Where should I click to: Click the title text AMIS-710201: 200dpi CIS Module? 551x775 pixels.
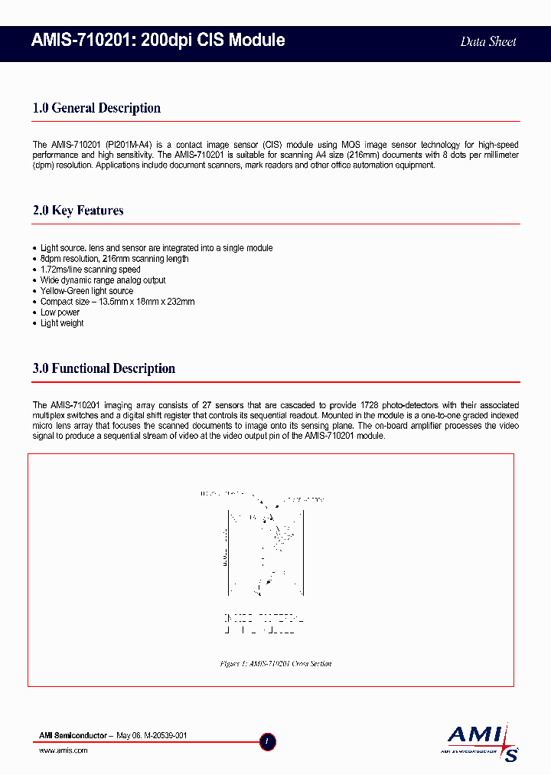pyautogui.click(x=158, y=41)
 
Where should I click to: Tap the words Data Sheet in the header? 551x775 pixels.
pyautogui.click(x=487, y=41)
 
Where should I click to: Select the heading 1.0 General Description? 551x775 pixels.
pyautogui.click(x=96, y=108)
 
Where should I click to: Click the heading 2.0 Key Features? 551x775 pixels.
pyautogui.click(x=78, y=211)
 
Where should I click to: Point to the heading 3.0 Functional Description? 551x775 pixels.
pyautogui.click(x=104, y=368)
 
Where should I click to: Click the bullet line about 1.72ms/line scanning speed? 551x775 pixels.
pyautogui.click(x=90, y=270)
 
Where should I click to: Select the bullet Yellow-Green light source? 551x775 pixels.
pyautogui.click(x=86, y=291)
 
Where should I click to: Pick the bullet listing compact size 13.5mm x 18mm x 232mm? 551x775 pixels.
pyautogui.click(x=117, y=302)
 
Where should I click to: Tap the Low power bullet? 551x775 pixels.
pyautogui.click(x=60, y=312)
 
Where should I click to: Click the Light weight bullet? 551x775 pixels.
pyautogui.click(x=62, y=323)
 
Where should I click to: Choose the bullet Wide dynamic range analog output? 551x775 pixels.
pyautogui.click(x=103, y=280)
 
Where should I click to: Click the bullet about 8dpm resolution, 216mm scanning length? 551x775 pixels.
pyautogui.click(x=114, y=259)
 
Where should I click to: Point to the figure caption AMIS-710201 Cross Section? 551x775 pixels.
pyautogui.click(x=275, y=664)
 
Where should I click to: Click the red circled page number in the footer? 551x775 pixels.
pyautogui.click(x=267, y=741)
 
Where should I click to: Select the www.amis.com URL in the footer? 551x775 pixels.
pyautogui.click(x=63, y=750)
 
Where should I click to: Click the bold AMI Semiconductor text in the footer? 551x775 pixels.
pyautogui.click(x=72, y=735)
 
